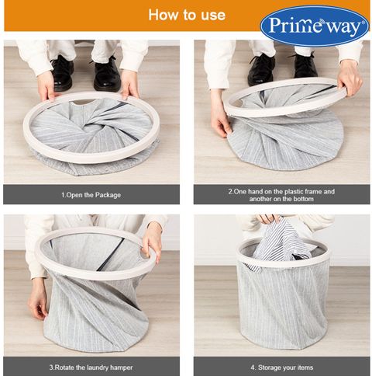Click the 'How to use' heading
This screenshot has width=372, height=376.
pos(187,15)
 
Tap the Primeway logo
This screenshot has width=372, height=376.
pos(315,26)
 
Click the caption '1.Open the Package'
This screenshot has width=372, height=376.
pos(91,195)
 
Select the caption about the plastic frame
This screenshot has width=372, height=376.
pos(281,195)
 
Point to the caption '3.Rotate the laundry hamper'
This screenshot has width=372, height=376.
pos(91,367)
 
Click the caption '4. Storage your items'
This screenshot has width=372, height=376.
pos(282,367)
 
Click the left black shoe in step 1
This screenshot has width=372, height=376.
pos(62,72)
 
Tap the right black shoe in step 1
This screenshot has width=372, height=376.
pos(107,74)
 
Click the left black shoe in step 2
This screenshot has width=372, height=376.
pos(261,69)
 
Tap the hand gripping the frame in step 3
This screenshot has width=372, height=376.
pos(152,242)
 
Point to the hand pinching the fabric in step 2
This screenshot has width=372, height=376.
pos(219,113)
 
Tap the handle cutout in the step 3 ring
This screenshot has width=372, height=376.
pos(145,252)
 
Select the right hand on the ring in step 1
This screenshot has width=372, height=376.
pos(130,84)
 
